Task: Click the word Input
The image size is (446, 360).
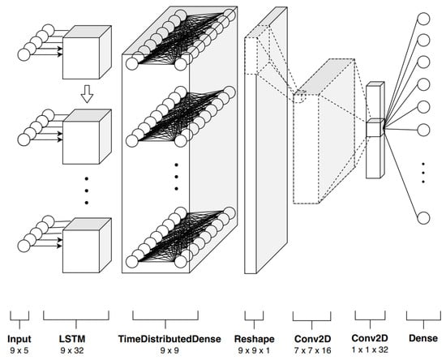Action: [x=19, y=339]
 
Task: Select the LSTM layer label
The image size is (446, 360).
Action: [x=72, y=338]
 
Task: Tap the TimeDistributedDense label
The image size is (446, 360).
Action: [x=169, y=339]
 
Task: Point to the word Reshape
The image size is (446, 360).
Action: [x=255, y=339]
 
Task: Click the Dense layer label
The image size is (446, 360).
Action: [x=423, y=338]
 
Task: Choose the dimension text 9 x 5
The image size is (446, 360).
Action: [x=19, y=350]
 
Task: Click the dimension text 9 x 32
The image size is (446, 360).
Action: [x=72, y=350]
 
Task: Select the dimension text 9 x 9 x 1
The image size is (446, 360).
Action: [x=254, y=350]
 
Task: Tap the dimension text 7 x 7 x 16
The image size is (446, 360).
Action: [x=312, y=350]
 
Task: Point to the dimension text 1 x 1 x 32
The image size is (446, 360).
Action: [x=370, y=349]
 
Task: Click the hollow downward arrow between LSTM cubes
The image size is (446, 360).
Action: [x=87, y=94]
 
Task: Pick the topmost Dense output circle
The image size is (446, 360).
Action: [x=423, y=19]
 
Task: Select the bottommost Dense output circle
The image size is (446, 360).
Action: [x=423, y=218]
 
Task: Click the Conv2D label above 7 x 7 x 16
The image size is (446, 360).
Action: [x=312, y=339]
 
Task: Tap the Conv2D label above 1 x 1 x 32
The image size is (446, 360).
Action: [x=370, y=338]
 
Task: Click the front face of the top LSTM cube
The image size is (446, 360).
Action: [x=81, y=58]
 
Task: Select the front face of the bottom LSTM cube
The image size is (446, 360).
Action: [x=81, y=251]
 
